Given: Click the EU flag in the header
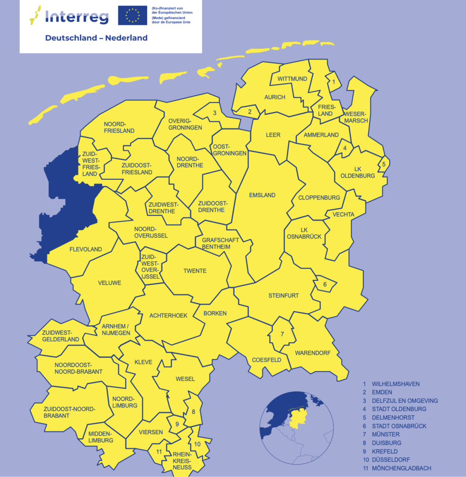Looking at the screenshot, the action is (132, 15).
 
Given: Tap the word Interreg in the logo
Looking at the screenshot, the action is (77, 17).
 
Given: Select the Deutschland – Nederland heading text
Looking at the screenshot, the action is (96, 38).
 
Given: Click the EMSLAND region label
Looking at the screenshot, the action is (262, 195).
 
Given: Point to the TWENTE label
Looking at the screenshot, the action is (195, 271).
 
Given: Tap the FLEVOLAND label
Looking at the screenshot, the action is (85, 249).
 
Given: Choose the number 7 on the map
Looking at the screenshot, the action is (282, 334).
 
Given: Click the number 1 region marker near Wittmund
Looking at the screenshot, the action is (333, 82).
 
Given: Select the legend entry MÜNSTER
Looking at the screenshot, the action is (385, 434).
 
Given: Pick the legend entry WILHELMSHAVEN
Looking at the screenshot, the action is (395, 384).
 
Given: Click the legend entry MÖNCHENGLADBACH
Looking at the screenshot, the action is (401, 468).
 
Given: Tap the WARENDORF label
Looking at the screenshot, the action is (313, 353).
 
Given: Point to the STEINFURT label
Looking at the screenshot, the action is (283, 296).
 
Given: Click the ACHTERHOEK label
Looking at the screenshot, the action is (168, 315).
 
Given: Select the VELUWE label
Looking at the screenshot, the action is (110, 283).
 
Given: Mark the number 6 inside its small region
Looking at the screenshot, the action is (325, 285).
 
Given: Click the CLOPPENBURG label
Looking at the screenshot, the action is (319, 198).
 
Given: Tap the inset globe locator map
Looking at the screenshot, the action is (297, 429).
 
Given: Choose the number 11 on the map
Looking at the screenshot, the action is (159, 451).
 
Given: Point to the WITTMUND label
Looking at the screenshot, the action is (292, 79).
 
